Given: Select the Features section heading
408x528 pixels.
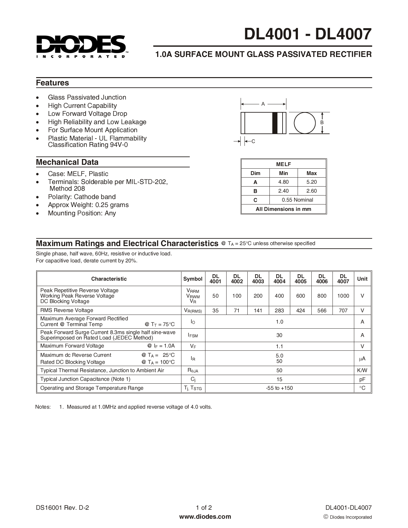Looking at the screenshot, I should tap(52, 83).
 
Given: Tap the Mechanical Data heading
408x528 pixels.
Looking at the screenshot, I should tap(67, 162).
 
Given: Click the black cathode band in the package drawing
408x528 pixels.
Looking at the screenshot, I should tap(275, 123).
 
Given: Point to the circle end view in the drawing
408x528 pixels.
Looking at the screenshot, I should tap(304, 123).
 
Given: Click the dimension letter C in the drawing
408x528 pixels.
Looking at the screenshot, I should tap(253, 141).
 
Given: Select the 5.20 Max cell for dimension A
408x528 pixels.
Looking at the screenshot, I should tap(311, 182).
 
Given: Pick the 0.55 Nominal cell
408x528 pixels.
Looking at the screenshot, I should tap(297, 200).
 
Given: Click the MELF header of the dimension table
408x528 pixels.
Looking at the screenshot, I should tap(284, 164).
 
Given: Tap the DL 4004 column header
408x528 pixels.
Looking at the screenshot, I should tap(279, 279).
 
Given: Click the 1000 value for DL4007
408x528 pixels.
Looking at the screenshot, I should tap(343, 296).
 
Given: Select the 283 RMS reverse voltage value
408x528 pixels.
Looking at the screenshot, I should tap(279, 310).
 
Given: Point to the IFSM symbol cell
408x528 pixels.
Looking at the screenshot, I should tap(193, 335).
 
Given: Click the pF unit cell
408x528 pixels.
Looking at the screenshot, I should tap(362, 380).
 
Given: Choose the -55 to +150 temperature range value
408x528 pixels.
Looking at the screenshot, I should tap(279, 388).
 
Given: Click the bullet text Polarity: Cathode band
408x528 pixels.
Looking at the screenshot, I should tap(82, 197).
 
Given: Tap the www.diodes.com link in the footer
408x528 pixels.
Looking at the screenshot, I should tap(205, 516).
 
